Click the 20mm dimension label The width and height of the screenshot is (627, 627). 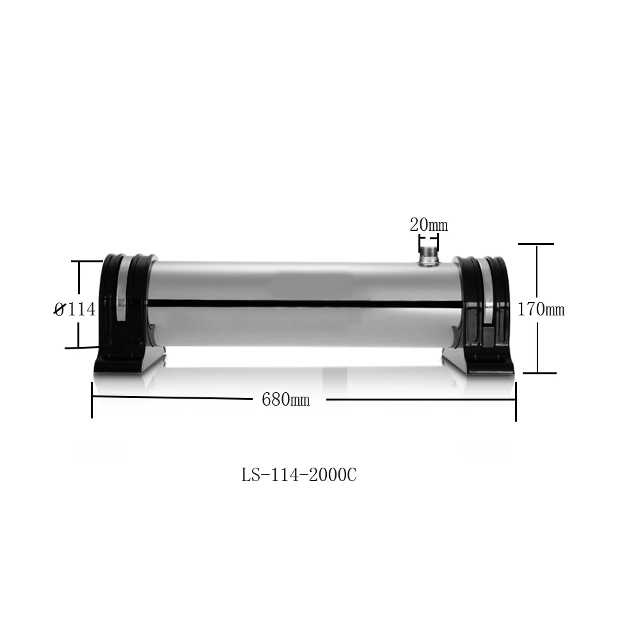coord(429,225)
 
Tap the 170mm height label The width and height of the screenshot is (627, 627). coord(541,310)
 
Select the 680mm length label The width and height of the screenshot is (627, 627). coord(285,401)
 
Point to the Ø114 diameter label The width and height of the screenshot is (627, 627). coord(74,310)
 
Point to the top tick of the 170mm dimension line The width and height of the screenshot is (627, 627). coord(536,244)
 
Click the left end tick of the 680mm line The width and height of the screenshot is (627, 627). coord(92,401)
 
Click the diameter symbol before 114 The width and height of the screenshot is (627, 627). coord(59,310)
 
